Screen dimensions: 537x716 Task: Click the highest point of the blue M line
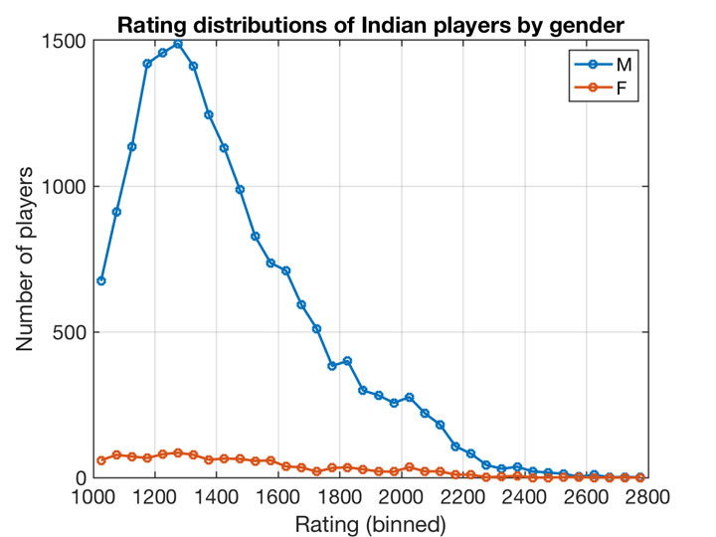click(178, 44)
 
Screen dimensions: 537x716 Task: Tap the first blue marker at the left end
click(100, 280)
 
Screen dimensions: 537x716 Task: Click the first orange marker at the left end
click(100, 460)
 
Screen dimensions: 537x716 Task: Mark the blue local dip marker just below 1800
click(332, 366)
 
